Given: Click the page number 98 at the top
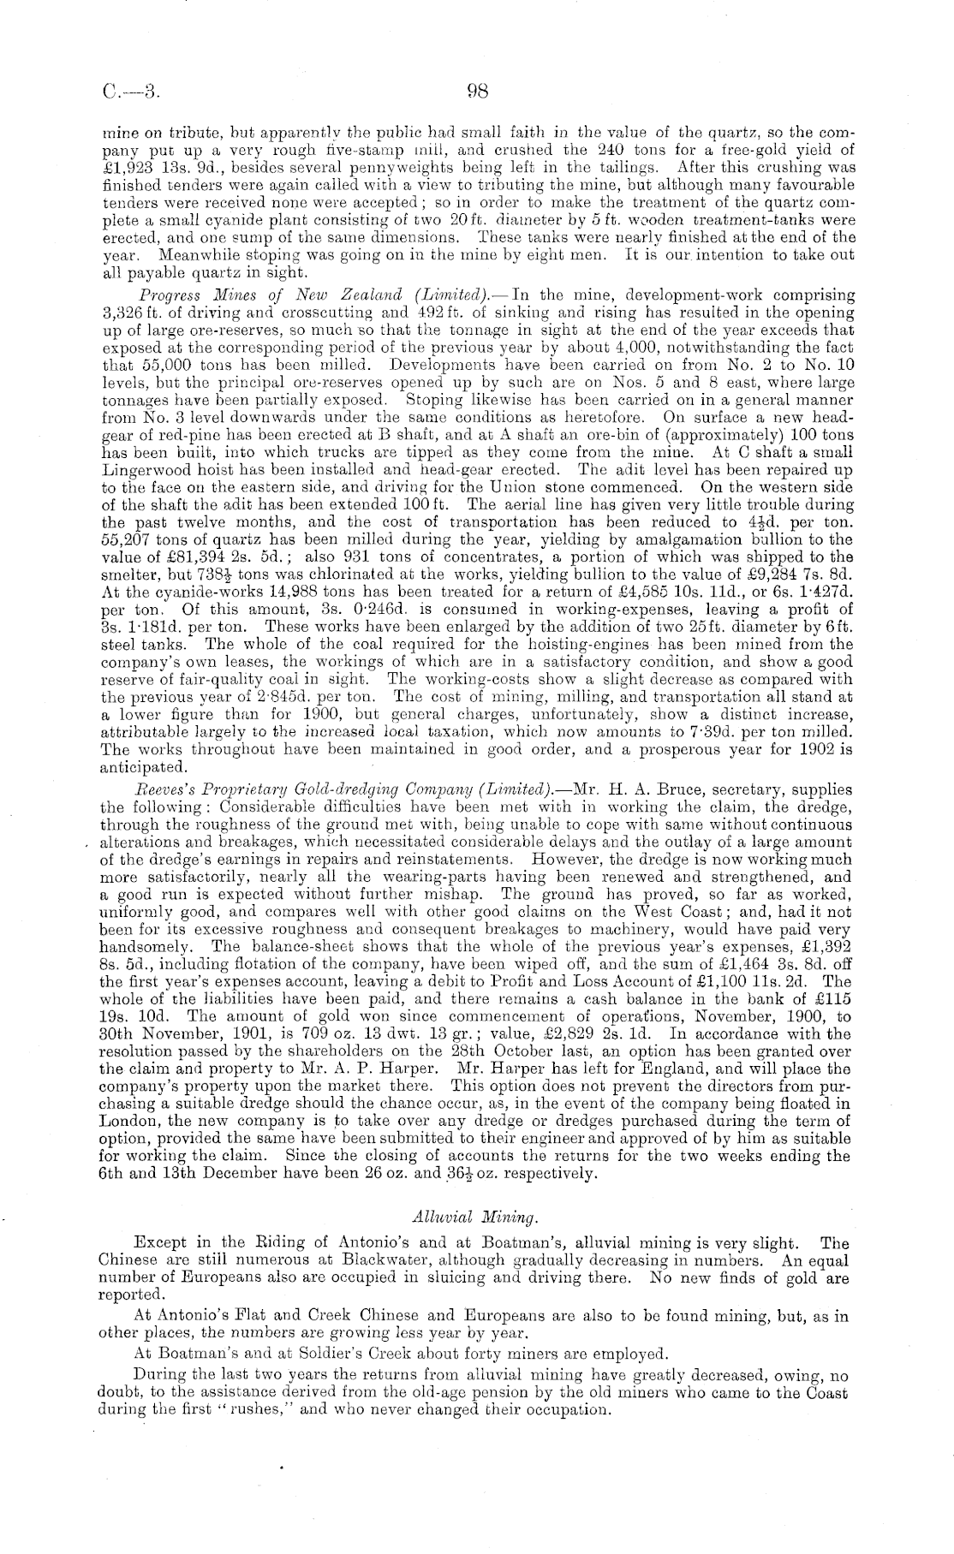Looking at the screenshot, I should point(477,92).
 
